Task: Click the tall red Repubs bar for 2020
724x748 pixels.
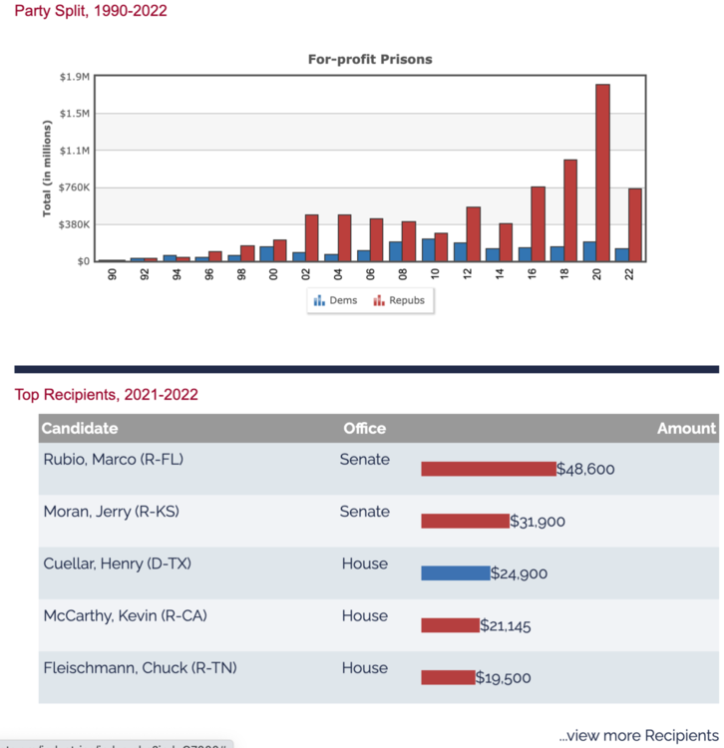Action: (x=602, y=173)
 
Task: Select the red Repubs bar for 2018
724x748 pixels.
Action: (x=570, y=210)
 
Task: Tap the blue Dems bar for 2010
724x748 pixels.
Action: (x=428, y=249)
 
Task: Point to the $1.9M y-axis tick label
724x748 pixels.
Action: (x=75, y=77)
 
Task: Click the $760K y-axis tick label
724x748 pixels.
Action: (x=73, y=187)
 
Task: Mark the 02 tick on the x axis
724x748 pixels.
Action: (x=305, y=273)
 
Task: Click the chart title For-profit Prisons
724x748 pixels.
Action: (x=370, y=59)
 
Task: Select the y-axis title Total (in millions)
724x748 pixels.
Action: (x=47, y=169)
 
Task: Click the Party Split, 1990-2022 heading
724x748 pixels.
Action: (x=91, y=11)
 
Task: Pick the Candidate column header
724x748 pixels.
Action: (x=80, y=428)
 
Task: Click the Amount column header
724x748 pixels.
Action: (x=686, y=428)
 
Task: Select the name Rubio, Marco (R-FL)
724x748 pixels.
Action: (x=114, y=460)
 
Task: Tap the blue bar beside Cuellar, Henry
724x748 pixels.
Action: (x=456, y=573)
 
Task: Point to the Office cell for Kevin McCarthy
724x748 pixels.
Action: (x=364, y=615)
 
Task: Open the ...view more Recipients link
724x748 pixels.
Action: (x=638, y=735)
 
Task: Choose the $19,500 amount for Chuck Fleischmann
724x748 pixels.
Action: (x=503, y=678)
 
